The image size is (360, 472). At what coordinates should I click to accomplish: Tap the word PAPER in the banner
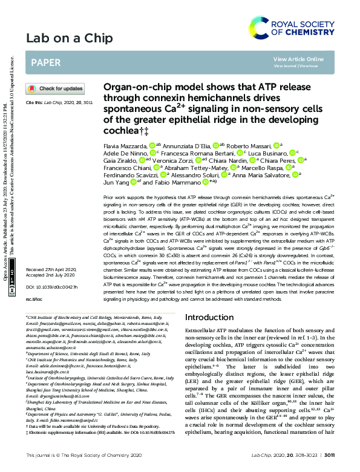(x=45, y=62)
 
